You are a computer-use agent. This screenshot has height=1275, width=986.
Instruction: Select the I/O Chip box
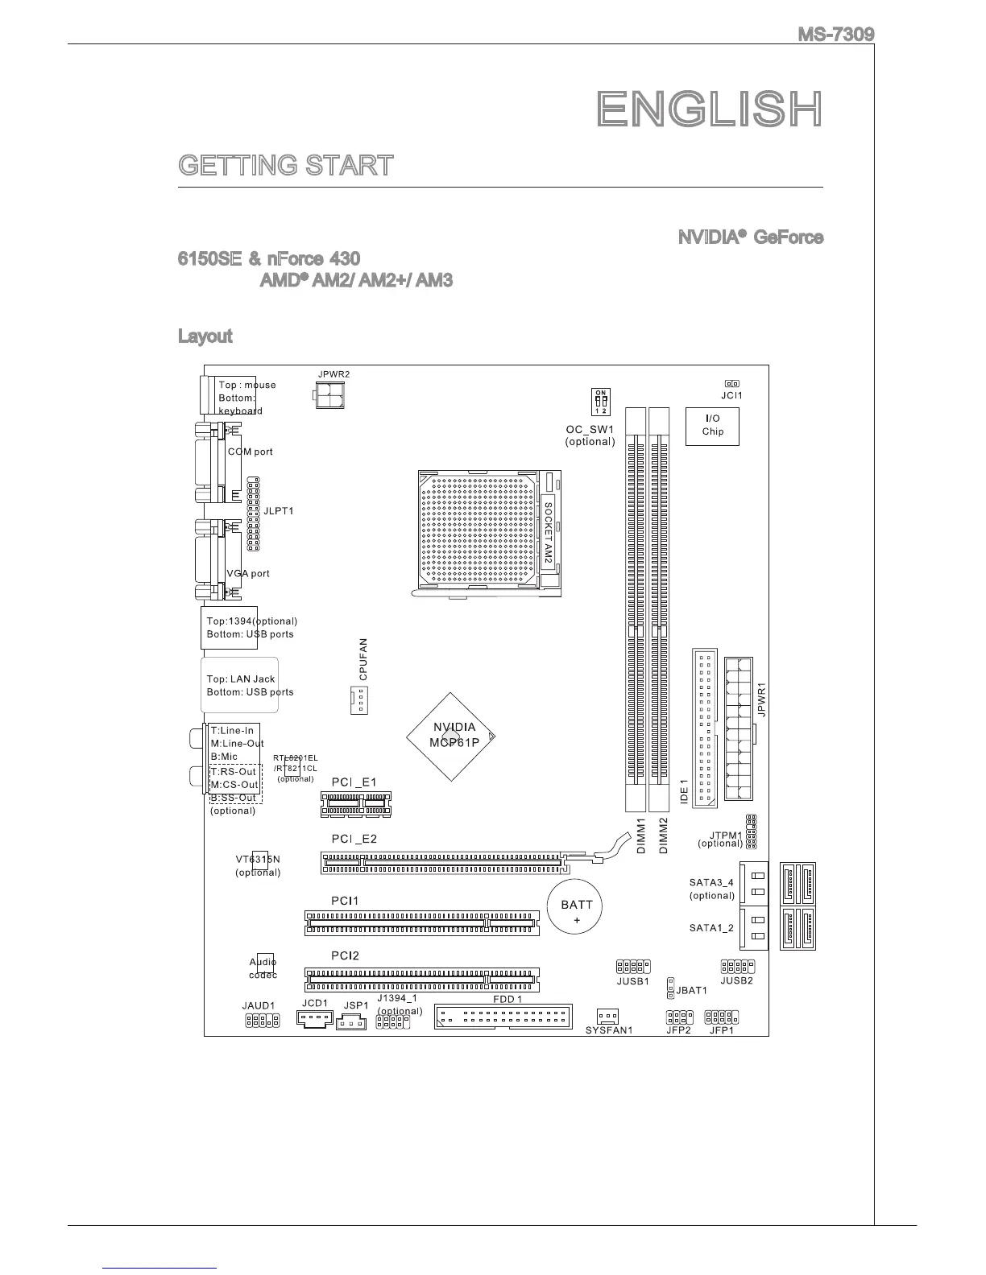pyautogui.click(x=712, y=426)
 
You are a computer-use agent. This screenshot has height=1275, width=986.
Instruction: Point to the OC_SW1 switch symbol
pyautogui.click(x=600, y=402)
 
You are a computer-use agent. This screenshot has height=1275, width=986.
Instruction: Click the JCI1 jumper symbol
pyautogui.click(x=731, y=384)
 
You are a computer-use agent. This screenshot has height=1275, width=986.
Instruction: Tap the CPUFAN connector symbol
pyautogui.click(x=358, y=701)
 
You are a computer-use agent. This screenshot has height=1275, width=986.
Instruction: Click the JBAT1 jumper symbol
pyautogui.click(x=670, y=990)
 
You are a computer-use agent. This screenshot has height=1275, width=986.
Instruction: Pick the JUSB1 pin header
pyautogui.click(x=633, y=966)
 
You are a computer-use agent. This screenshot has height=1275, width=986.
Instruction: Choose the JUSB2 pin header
pyautogui.click(x=737, y=966)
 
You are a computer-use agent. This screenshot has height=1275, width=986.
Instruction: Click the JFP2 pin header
pyautogui.click(x=679, y=1017)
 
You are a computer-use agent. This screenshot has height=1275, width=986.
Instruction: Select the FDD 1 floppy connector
pyautogui.click(x=503, y=1017)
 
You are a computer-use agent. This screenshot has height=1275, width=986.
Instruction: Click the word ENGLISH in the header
pyautogui.click(x=710, y=109)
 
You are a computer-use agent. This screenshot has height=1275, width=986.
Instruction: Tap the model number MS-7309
pyautogui.click(x=835, y=35)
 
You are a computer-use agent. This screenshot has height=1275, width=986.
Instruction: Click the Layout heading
pyautogui.click(x=205, y=336)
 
